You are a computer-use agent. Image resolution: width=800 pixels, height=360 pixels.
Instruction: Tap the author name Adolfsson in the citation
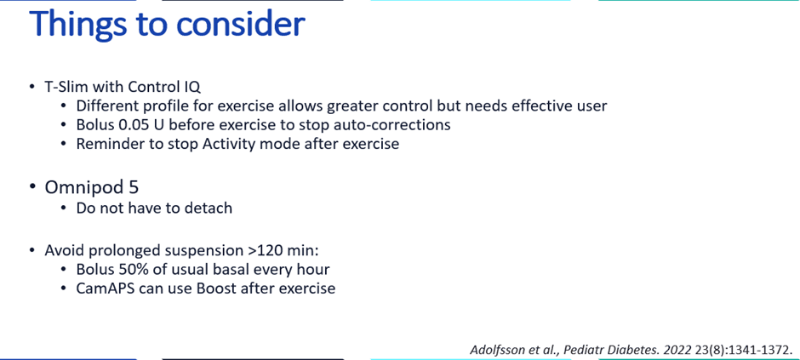click(500, 350)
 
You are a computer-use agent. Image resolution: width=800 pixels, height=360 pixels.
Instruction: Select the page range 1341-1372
click(757, 350)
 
